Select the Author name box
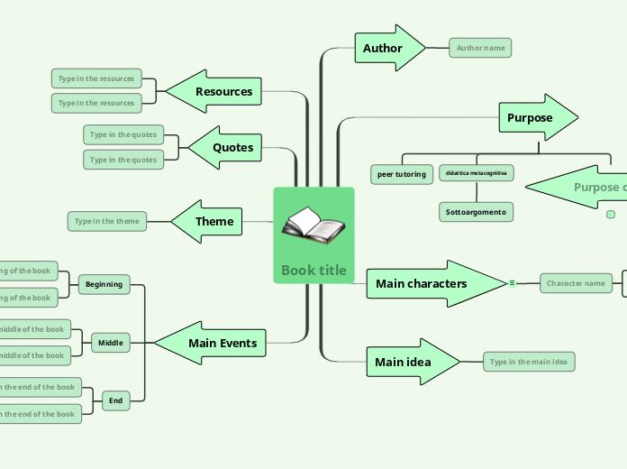480,48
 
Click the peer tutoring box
402,174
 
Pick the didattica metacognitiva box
477,172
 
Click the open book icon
313,225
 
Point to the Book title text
313,271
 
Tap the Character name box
576,283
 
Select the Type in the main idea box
529,363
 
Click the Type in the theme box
106,221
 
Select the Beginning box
104,284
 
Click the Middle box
111,343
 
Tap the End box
116,400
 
